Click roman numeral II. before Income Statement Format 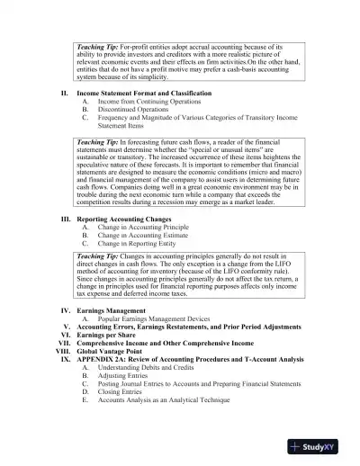click(64, 94)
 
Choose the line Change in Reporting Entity click(134, 243)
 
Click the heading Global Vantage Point click(113, 350)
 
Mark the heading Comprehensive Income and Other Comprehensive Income click(169, 342)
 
